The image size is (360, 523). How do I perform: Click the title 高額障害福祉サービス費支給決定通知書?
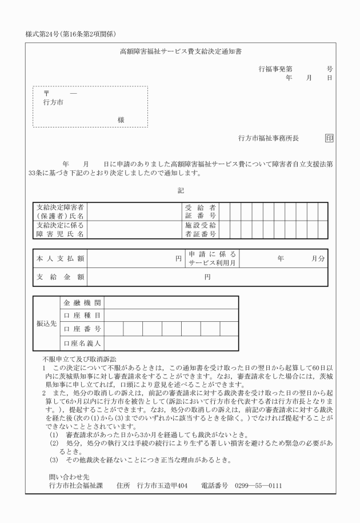(x=180, y=51)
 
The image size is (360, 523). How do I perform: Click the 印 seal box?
(x=329, y=138)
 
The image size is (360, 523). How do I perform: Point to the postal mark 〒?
(x=47, y=93)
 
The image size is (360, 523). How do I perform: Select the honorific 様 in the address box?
(x=121, y=119)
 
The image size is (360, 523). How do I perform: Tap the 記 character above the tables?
(x=181, y=190)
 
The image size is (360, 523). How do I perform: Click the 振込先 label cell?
(x=46, y=322)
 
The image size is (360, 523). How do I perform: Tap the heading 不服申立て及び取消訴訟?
(x=79, y=358)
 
